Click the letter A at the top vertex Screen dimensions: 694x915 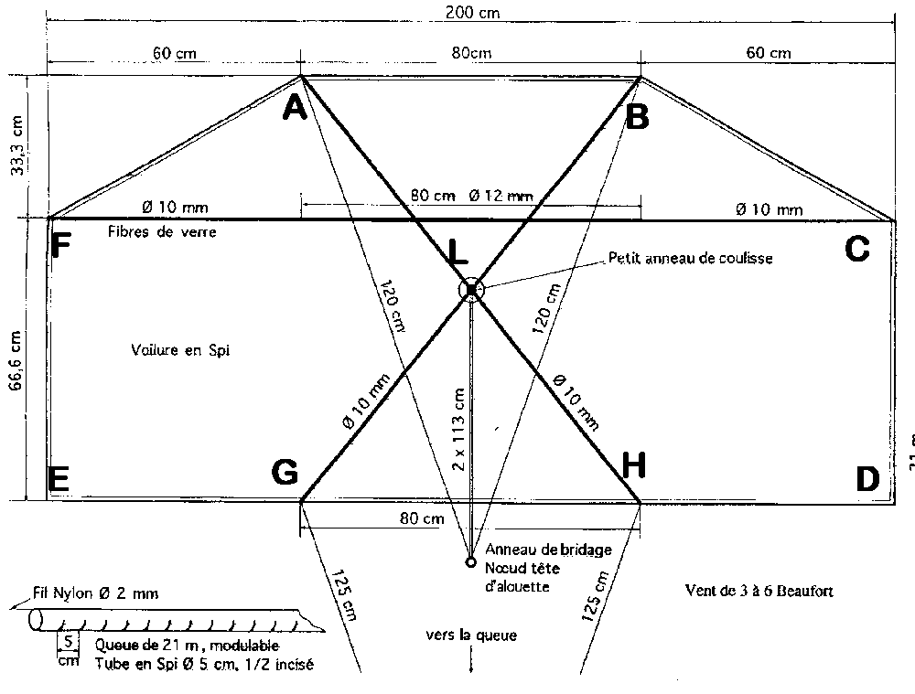tap(294, 109)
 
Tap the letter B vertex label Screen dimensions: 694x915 tap(637, 115)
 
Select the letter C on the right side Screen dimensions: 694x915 tap(856, 249)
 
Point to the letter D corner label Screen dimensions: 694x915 tap(867, 478)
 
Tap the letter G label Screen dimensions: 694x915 tap(285, 472)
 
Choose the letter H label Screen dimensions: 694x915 tap(634, 466)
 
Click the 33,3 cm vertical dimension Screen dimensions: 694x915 tap(16, 148)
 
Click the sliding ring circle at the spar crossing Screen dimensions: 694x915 tap(470, 290)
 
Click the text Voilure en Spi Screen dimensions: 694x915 tap(178, 348)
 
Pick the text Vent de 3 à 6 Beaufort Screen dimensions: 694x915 tap(759, 591)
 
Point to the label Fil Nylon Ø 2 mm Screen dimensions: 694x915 tap(97, 593)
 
